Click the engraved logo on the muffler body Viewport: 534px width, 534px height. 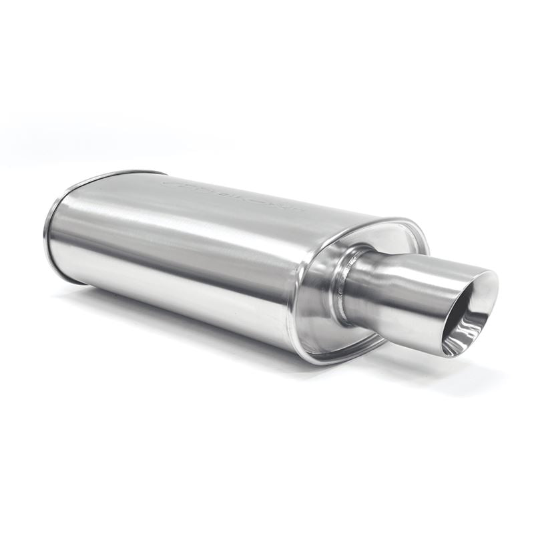pyautogui.click(x=234, y=194)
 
